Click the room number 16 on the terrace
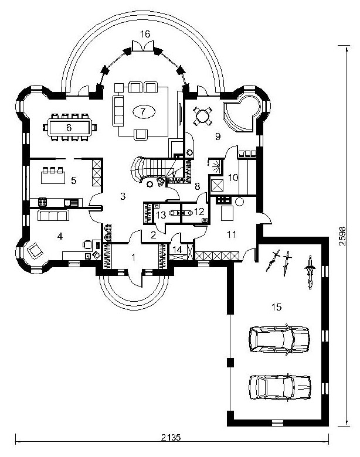click(x=145, y=34)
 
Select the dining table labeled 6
click(x=70, y=127)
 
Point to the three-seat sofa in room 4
click(x=53, y=216)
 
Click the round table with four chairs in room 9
click(x=202, y=116)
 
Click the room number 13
click(x=161, y=215)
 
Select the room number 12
click(x=199, y=212)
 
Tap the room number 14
click(x=178, y=250)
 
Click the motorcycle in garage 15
click(x=310, y=272)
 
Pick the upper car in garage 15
click(x=279, y=339)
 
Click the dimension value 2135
click(x=171, y=437)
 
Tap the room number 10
click(x=233, y=177)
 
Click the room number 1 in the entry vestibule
click(x=134, y=257)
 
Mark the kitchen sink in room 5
click(x=72, y=203)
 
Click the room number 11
click(x=232, y=234)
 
